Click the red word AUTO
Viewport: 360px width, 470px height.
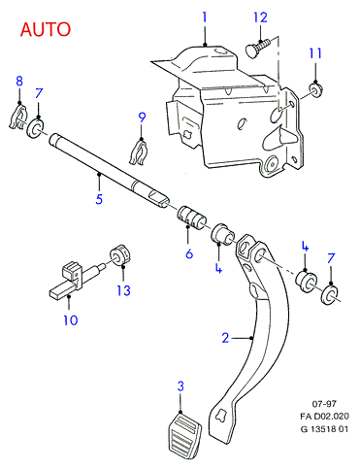coord(46,29)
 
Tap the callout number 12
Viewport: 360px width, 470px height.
coord(260,17)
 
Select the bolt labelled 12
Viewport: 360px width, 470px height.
coord(257,48)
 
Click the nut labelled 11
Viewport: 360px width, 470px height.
coord(314,89)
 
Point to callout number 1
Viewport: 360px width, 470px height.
coord(205,17)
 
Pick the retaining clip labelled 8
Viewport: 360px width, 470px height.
coord(16,117)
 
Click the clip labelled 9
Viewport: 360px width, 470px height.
coord(139,151)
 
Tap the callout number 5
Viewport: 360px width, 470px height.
coord(99,199)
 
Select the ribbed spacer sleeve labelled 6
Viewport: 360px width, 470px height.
coord(191,218)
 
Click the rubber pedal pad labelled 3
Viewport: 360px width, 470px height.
coord(184,435)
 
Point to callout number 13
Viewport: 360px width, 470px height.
coord(123,290)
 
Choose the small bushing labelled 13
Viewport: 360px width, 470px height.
coord(119,254)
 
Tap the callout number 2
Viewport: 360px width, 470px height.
coord(225,338)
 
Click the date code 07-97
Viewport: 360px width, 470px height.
coord(324,404)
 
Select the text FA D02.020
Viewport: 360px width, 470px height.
coord(324,417)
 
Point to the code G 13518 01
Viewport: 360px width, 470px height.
coord(324,429)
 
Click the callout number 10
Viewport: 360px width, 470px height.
coord(71,320)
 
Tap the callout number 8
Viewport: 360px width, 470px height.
coord(19,81)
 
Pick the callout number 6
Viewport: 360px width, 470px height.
coord(189,253)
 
